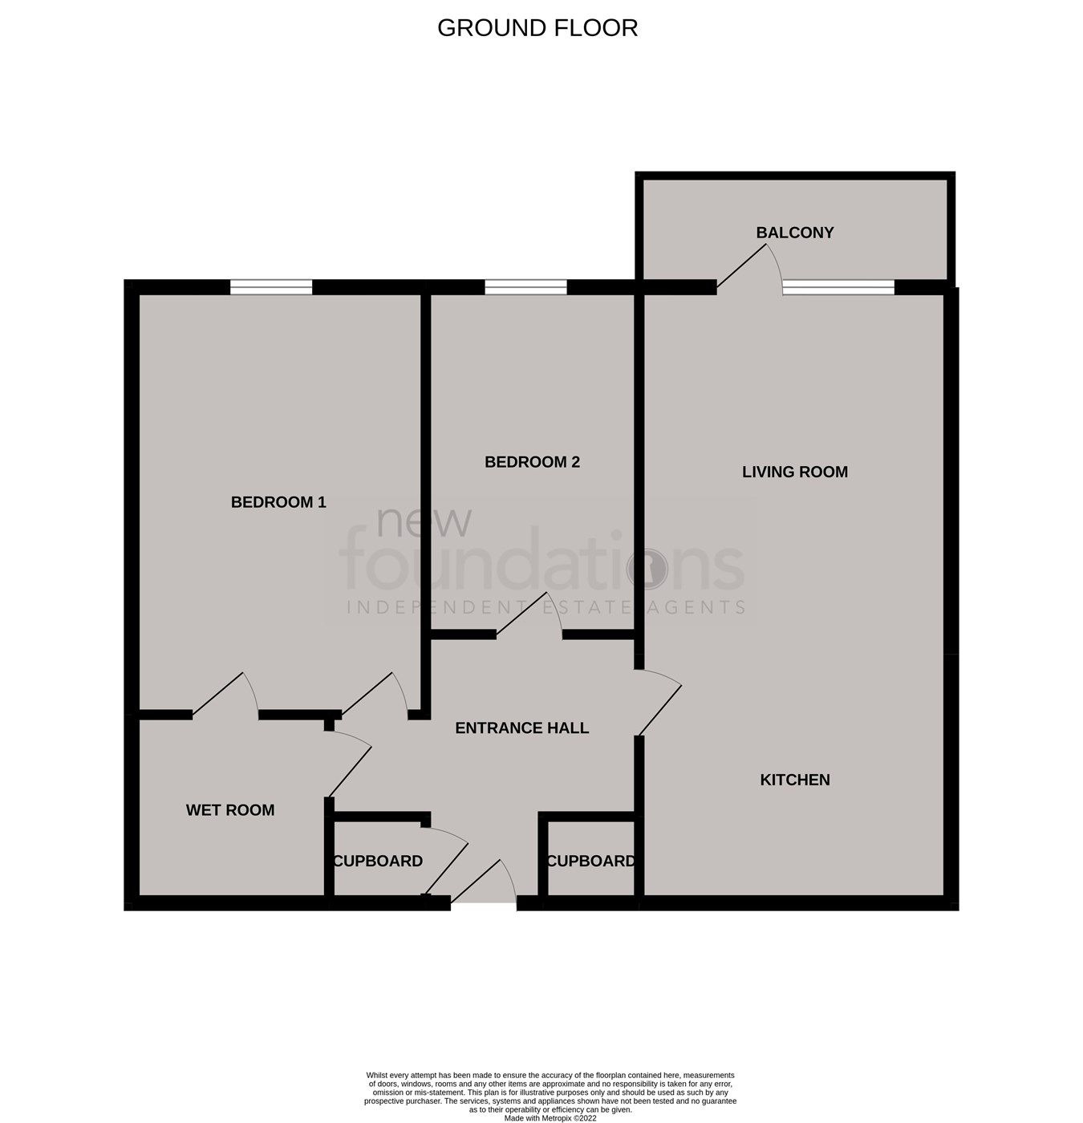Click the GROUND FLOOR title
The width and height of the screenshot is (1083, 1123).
coord(537,28)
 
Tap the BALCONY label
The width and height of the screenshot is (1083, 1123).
coord(795,233)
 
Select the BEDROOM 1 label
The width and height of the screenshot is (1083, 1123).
coord(278,502)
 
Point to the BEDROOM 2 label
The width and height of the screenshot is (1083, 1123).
coord(532,462)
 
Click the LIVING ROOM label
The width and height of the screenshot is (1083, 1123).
coord(794,472)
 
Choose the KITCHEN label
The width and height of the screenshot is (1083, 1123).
coord(794,780)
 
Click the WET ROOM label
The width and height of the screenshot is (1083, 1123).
coord(230,810)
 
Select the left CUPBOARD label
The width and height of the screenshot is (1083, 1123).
coord(378,861)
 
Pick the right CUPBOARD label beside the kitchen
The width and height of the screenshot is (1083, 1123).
coord(591,861)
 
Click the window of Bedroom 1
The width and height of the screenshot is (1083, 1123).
coord(271,287)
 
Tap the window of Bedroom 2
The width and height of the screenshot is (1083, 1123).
coord(525,287)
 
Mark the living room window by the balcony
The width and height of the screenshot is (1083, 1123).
coord(838,288)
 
